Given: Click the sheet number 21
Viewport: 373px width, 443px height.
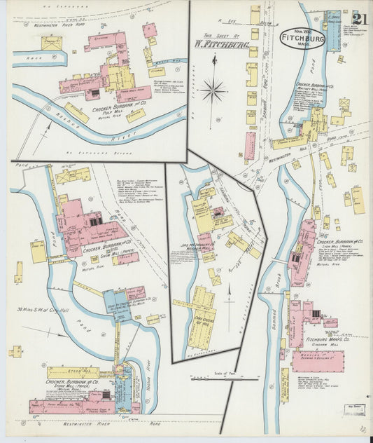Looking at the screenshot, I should point(361,19).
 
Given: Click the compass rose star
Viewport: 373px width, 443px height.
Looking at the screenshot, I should point(213,89).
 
